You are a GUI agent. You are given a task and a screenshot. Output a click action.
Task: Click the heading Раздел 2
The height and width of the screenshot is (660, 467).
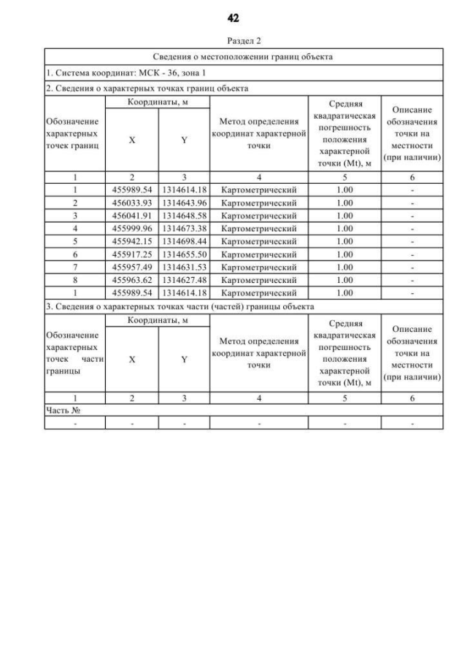[x=244, y=41]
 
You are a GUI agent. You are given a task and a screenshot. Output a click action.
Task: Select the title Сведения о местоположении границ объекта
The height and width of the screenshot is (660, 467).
[x=244, y=56]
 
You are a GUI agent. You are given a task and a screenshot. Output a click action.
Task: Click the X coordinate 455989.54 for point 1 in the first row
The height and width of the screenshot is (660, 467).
[x=131, y=190]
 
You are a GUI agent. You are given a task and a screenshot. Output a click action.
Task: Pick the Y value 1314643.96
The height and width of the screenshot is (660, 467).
[x=184, y=203]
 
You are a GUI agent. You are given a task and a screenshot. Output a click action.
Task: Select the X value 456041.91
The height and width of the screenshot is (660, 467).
[x=131, y=216]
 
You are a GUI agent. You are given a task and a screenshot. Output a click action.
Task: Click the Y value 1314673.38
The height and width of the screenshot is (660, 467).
[x=184, y=228]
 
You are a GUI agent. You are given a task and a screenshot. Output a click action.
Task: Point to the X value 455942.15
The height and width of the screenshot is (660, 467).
[x=131, y=241]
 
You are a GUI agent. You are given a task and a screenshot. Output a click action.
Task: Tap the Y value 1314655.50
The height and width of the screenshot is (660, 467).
[x=184, y=254]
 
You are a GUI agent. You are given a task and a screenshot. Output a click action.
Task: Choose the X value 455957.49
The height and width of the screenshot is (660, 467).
[x=131, y=267]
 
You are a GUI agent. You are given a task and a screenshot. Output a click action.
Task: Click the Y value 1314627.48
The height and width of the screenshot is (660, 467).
[x=184, y=279]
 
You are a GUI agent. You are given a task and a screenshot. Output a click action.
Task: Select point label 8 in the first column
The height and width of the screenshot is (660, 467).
[x=75, y=279]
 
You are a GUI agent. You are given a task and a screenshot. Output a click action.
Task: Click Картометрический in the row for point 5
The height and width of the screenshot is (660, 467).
[x=259, y=241]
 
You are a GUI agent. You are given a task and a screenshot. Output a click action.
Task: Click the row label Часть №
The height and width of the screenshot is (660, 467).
[x=62, y=411]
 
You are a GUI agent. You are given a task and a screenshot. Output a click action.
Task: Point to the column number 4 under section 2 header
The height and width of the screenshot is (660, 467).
[x=259, y=177]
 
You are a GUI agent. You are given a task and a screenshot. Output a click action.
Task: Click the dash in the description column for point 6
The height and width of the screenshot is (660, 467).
[x=412, y=254]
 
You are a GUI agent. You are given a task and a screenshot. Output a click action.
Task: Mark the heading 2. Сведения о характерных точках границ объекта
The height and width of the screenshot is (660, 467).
[x=147, y=89]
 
